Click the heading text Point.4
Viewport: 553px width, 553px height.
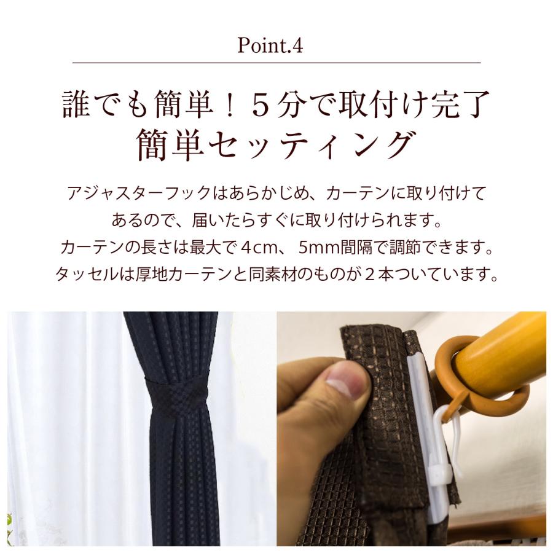tap(270, 45)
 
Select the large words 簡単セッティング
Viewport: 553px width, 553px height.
tap(275, 145)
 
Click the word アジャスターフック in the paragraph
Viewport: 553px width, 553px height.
tap(140, 194)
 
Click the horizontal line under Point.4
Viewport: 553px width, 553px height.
tap(276, 63)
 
